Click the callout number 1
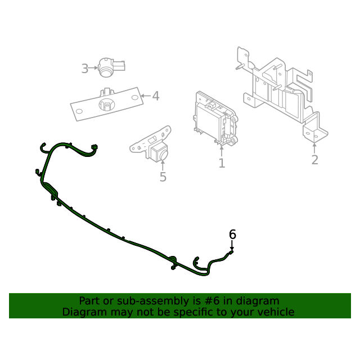[x=222, y=163]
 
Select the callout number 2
[x=315, y=160]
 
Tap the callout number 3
[x=85, y=69]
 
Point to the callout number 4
[x=156, y=96]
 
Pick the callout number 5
[x=163, y=177]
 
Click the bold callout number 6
[x=232, y=235]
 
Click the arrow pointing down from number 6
[x=232, y=245]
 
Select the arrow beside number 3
[x=93, y=68]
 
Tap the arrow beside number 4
[x=146, y=96]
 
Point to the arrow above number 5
[x=163, y=165]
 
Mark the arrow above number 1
[x=221, y=151]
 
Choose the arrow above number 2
[x=314, y=148]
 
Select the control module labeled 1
[x=215, y=119]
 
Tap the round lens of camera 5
[x=164, y=155]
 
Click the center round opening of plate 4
[x=107, y=105]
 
